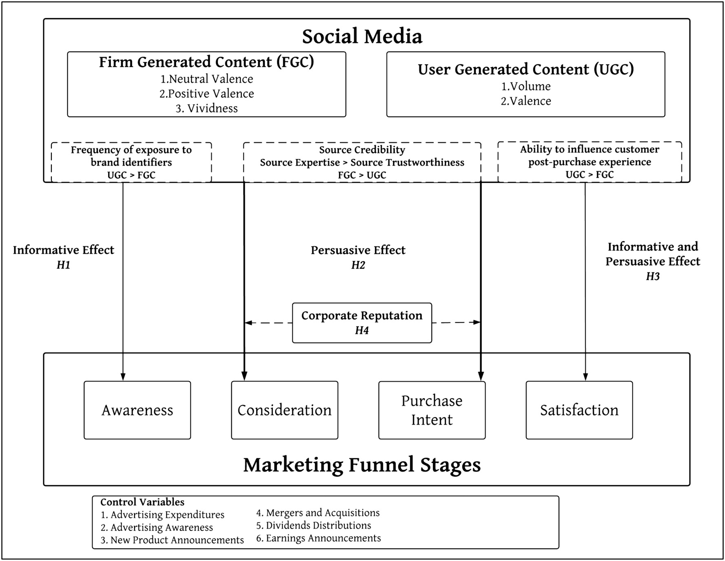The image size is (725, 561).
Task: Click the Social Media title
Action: click(x=362, y=36)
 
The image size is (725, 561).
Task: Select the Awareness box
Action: click(x=137, y=410)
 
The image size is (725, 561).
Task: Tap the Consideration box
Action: click(x=285, y=410)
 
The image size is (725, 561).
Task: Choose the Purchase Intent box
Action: click(x=432, y=410)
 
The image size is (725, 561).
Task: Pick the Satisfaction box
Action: click(x=579, y=410)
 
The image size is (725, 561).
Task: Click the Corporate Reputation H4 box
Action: click(x=362, y=323)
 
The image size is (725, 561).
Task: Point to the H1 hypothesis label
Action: click(x=64, y=265)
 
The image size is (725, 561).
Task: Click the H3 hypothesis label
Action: click(x=652, y=277)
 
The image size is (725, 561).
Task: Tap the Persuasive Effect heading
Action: click(x=358, y=250)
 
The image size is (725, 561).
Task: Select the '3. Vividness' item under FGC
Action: click(x=207, y=108)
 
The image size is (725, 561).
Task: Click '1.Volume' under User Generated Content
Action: click(x=526, y=86)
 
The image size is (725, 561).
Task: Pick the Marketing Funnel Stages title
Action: click(x=362, y=464)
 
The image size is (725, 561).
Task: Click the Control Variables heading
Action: click(x=142, y=502)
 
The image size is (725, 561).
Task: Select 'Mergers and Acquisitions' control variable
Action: click(x=318, y=513)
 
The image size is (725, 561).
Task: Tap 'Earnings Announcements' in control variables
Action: click(x=318, y=538)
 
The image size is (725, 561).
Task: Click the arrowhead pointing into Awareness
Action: click(x=123, y=377)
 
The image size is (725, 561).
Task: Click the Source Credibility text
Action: click(x=362, y=150)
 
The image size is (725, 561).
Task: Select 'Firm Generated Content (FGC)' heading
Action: click(x=206, y=62)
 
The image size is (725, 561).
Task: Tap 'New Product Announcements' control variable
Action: click(x=172, y=540)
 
